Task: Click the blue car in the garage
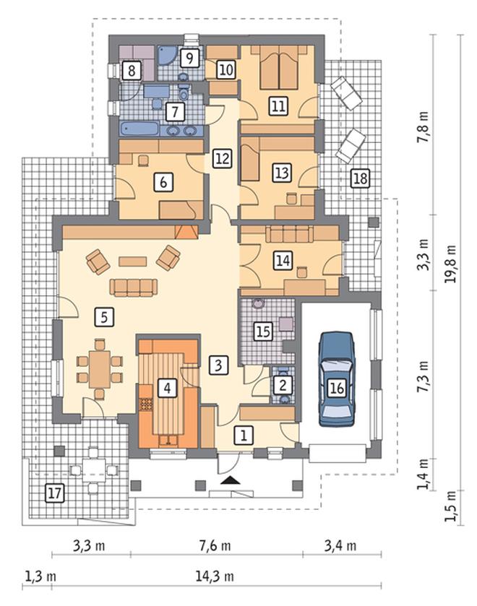(x=337, y=378)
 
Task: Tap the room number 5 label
(x=104, y=317)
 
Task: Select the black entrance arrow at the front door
(x=231, y=480)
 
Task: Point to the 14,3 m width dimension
(x=215, y=576)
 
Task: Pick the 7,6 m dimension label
(x=215, y=546)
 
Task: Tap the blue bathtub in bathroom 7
(x=139, y=129)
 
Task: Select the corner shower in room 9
(x=167, y=56)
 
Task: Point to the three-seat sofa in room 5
(x=134, y=287)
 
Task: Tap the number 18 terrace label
(x=360, y=178)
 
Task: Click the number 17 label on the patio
(x=55, y=493)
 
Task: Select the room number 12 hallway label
(x=222, y=158)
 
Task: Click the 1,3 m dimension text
(x=40, y=576)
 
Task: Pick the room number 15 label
(x=263, y=332)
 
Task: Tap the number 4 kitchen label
(x=167, y=388)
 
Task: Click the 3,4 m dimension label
(x=340, y=546)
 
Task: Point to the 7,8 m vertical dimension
(x=423, y=127)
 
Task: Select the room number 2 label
(x=283, y=385)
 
